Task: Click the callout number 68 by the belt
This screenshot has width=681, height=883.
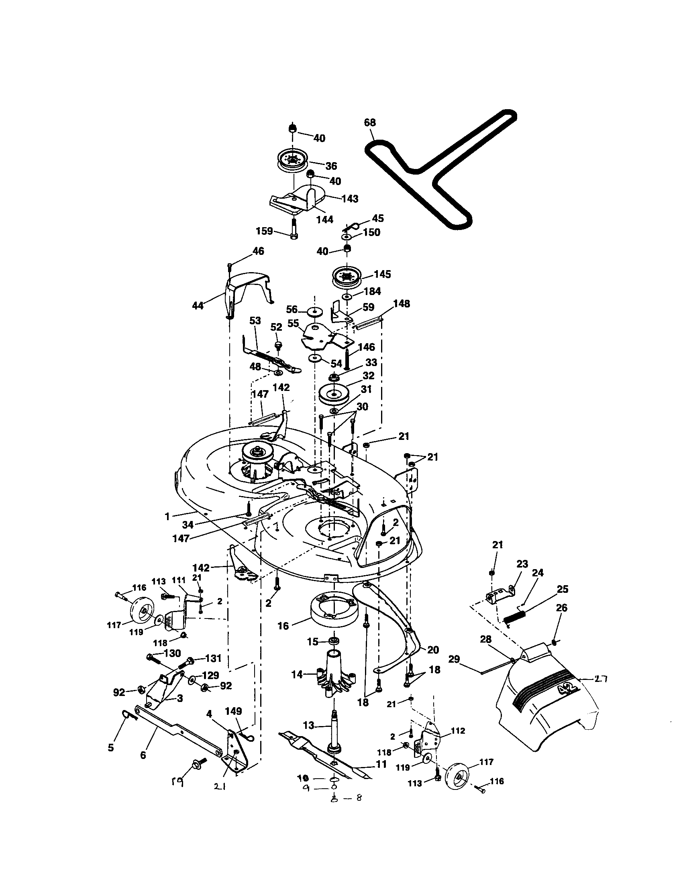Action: pos(370,122)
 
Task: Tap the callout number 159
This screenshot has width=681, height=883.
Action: pos(264,231)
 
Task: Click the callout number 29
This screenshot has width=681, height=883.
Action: pos(454,659)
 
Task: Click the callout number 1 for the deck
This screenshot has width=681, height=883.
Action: pos(167,516)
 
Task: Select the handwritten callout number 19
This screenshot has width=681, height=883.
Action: pos(177,783)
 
